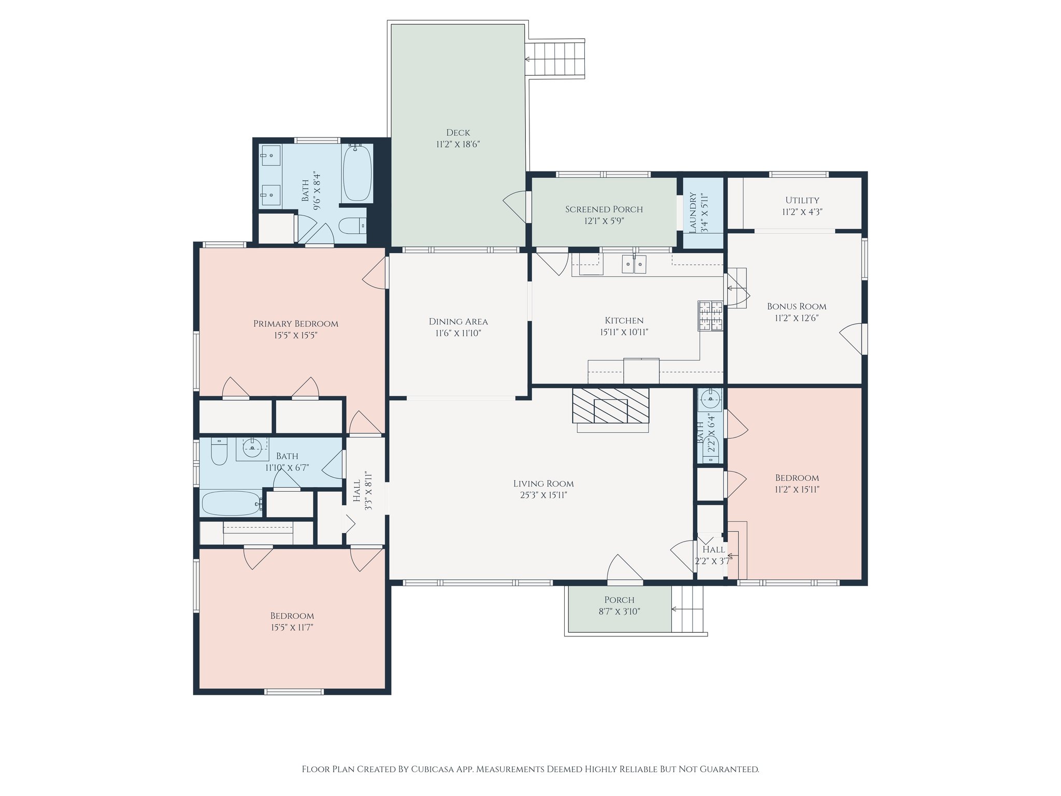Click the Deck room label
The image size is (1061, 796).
tap(458, 133)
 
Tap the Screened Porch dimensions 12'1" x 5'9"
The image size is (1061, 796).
tap(604, 221)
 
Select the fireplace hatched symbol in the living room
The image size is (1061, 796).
tap(610, 405)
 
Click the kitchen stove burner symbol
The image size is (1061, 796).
tap(710, 316)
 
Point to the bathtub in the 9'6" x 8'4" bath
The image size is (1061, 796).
tap(357, 173)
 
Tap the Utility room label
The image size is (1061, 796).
tap(802, 200)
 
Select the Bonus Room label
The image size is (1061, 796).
tap(796, 306)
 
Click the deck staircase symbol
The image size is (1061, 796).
tap(555, 59)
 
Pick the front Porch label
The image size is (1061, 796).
tap(619, 600)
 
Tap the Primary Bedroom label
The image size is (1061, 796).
tap(295, 323)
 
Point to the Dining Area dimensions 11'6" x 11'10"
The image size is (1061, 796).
tap(458, 333)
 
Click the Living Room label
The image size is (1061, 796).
tap(543, 484)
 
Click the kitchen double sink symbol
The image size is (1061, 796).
tap(634, 264)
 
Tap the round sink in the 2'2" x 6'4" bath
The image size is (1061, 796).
tap(710, 399)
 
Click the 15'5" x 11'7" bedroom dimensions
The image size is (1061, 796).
tap(292, 628)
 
